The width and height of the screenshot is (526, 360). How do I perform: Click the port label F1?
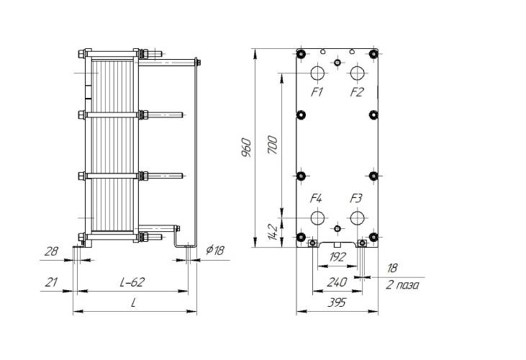coord(317,91)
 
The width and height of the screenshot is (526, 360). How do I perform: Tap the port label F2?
coord(357,91)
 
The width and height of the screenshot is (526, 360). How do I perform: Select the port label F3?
coord(356,198)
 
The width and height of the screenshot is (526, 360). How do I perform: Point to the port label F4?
coord(316,198)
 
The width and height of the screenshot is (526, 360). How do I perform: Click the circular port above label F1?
coord(317,73)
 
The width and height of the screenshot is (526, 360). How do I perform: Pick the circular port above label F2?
coord(358,73)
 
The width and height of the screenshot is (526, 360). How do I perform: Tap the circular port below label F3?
coord(358,218)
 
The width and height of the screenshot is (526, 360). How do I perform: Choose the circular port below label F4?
coord(317,218)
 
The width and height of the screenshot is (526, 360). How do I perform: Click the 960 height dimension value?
coord(246,148)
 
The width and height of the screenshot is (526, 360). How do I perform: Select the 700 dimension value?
coord(273,145)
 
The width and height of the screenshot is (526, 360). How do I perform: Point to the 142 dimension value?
coord(273,233)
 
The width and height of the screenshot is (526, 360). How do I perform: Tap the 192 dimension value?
coord(337,257)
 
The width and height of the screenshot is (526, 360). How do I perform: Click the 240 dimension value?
coord(337,282)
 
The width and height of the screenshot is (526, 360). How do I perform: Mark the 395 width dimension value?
coord(336,302)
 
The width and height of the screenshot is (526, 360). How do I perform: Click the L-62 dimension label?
coord(132,282)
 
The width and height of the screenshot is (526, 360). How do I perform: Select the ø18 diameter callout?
coord(215,250)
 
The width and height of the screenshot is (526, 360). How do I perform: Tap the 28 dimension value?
coord(51,251)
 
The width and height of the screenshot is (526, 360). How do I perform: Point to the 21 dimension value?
coord(51,282)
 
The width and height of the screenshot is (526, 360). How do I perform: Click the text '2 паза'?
coord(402,285)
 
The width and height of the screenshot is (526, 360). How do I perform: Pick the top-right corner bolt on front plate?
coord(373,53)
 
